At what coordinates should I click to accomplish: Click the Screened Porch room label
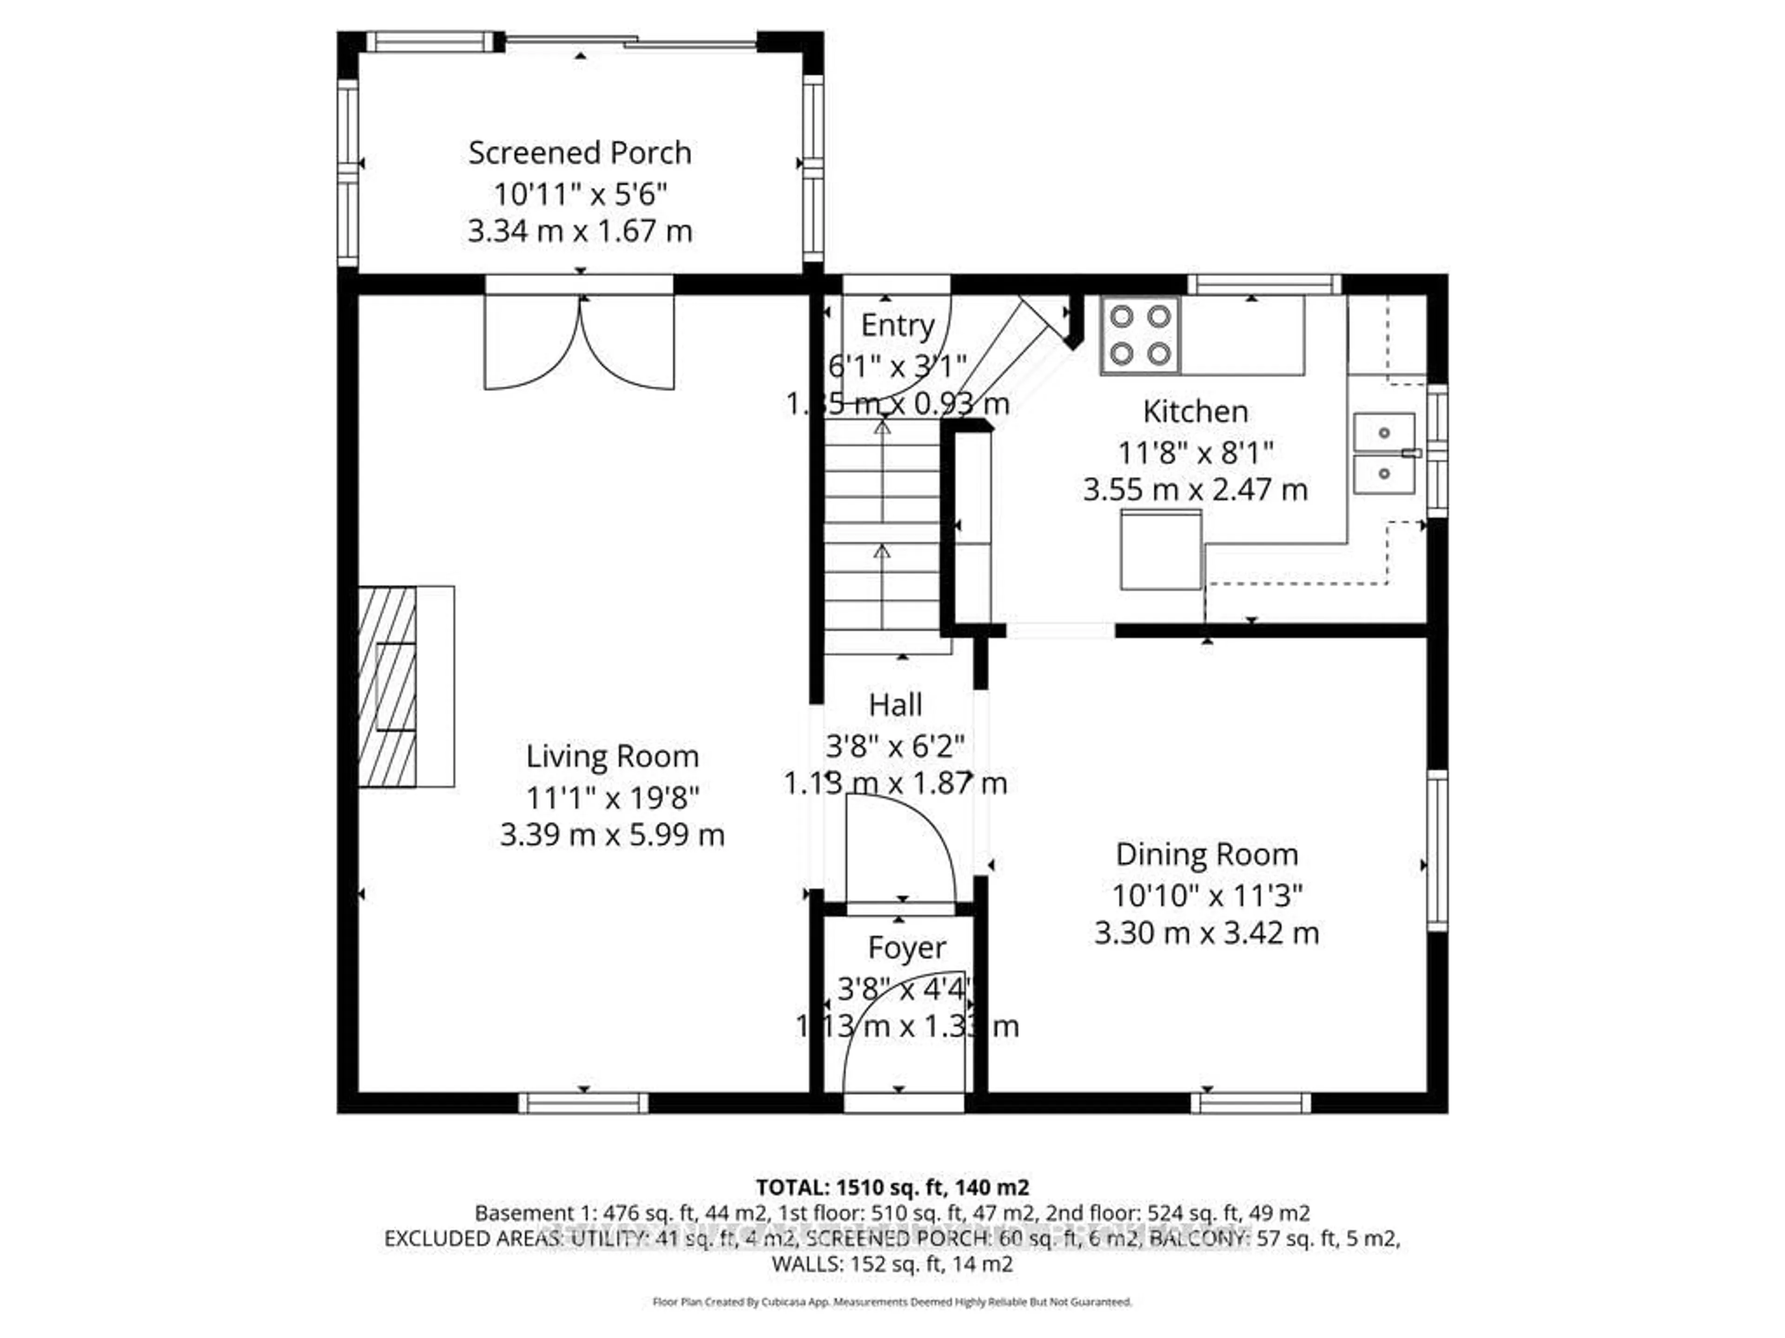point(579,152)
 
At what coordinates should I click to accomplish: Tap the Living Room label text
point(612,756)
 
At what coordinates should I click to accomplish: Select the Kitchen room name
point(1195,411)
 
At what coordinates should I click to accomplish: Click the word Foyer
point(906,948)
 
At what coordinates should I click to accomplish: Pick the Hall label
point(895,705)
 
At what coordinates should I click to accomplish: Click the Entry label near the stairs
point(897,325)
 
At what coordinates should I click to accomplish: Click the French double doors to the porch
point(579,343)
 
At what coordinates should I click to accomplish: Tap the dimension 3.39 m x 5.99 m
point(612,834)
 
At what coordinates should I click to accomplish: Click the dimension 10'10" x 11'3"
point(1206,894)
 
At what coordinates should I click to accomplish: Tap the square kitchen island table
point(1160,549)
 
